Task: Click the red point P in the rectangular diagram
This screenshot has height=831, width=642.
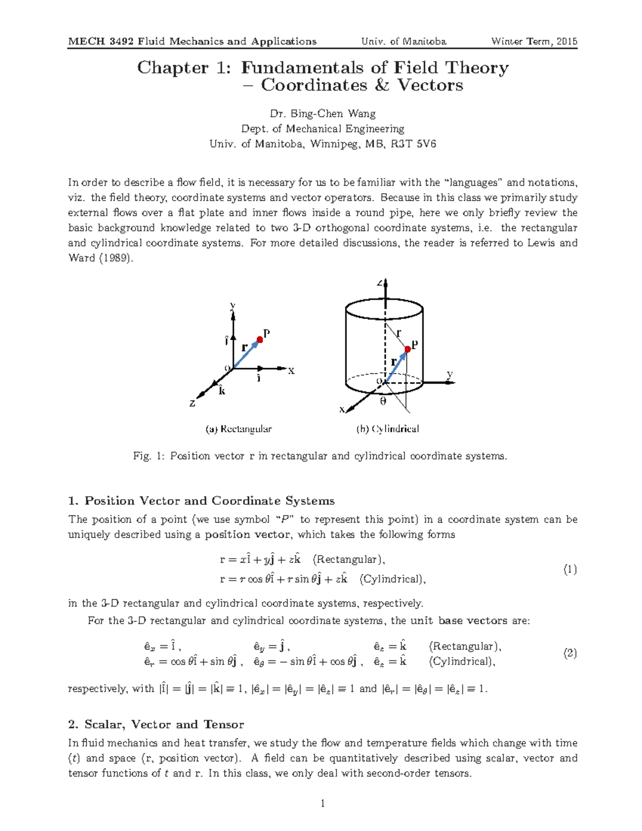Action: click(259, 339)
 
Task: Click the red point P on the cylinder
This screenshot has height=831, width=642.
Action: click(408, 349)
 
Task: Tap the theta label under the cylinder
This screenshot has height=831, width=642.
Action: click(383, 401)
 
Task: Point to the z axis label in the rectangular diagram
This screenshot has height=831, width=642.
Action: click(193, 403)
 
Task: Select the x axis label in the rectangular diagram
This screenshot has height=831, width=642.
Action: click(292, 371)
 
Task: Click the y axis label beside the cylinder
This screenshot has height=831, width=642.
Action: click(450, 374)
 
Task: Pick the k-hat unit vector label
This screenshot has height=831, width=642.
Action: click(222, 390)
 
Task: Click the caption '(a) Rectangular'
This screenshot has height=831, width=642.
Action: click(239, 429)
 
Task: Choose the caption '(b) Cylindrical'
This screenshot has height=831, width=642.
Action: click(388, 429)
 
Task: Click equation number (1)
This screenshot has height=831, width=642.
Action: click(570, 569)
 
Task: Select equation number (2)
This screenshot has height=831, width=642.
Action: click(570, 653)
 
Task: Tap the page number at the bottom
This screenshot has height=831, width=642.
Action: click(323, 803)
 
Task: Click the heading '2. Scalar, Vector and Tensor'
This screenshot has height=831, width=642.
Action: click(156, 725)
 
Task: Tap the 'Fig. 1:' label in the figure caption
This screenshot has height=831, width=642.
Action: click(149, 456)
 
